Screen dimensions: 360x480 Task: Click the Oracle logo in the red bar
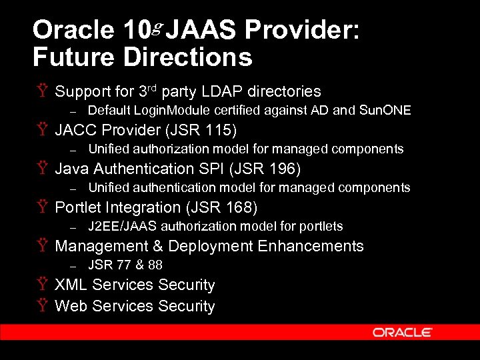tap(403, 332)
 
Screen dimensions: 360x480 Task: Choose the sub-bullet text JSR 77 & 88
tap(125, 265)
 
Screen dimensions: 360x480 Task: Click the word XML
tap(71, 285)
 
